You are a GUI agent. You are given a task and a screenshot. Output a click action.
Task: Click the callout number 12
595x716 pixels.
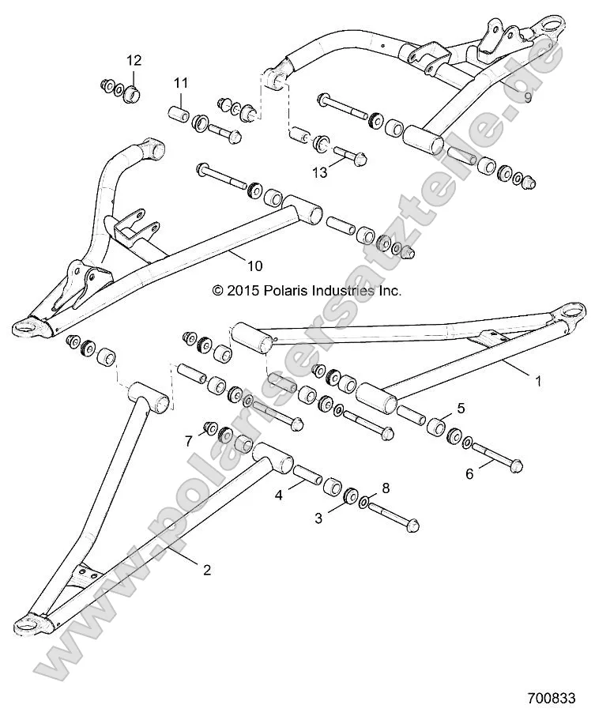pos(134,60)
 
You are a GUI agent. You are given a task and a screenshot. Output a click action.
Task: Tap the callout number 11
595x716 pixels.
pos(182,83)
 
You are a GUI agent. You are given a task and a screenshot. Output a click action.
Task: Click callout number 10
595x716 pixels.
pos(255,266)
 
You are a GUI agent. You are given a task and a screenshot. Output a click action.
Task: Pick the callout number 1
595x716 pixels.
pos(538,381)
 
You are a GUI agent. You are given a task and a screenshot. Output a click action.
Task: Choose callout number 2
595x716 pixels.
pos(206,569)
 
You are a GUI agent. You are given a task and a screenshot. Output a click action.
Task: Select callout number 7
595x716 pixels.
pos(188,441)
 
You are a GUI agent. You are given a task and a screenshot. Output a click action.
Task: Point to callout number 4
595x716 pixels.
pos(278,497)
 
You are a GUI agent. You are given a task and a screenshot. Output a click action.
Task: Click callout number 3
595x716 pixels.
pos(318,518)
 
